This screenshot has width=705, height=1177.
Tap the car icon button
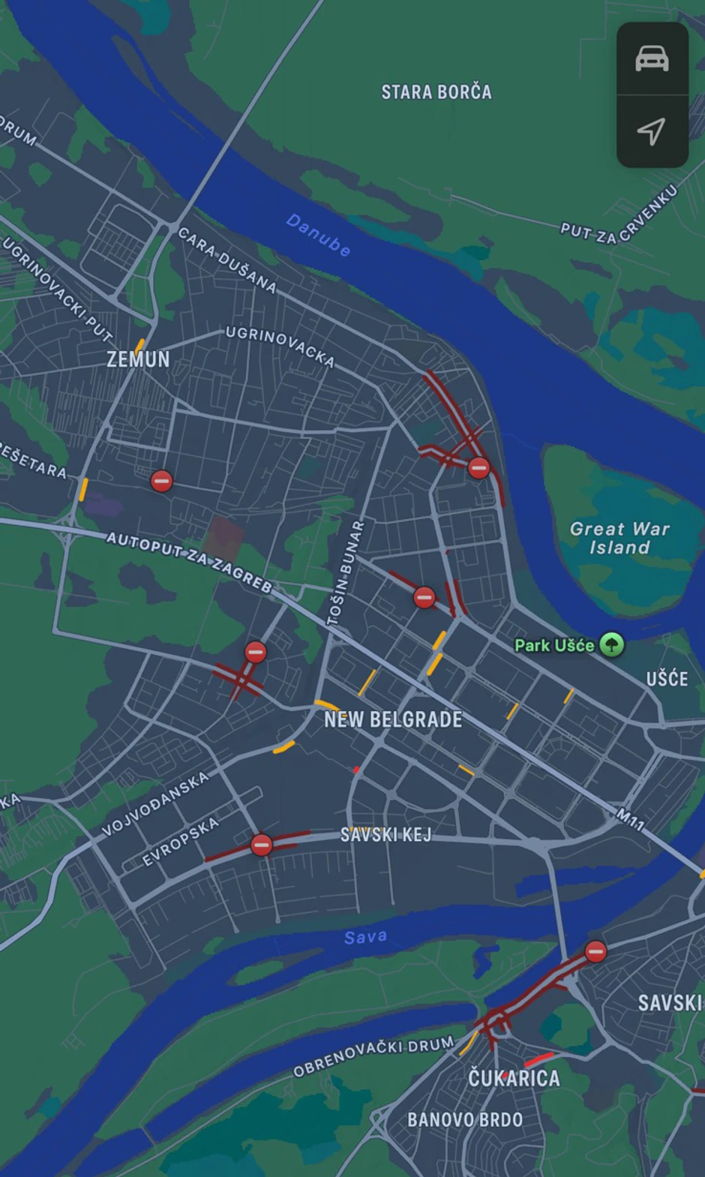(652, 59)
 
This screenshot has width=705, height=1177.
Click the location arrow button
(651, 131)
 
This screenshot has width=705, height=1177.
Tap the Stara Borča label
(436, 92)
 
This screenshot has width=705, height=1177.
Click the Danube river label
(318, 235)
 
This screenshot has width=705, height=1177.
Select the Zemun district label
(138, 359)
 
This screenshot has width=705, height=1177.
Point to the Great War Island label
(619, 538)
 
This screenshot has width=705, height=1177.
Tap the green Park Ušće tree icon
(612, 644)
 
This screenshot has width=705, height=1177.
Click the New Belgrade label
(393, 720)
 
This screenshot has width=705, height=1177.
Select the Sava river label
(365, 937)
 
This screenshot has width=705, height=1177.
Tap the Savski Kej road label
(385, 835)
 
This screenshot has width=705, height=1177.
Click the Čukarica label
(514, 1079)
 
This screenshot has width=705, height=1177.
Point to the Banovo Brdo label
(465, 1120)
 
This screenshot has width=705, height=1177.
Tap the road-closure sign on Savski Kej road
(261, 845)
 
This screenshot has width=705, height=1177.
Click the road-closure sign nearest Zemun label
(161, 481)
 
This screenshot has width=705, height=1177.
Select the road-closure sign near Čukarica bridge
(595, 952)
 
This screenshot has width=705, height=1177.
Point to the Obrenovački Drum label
(373, 1055)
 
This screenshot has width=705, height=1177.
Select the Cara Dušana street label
(227, 260)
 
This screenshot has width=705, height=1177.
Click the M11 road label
(629, 818)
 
